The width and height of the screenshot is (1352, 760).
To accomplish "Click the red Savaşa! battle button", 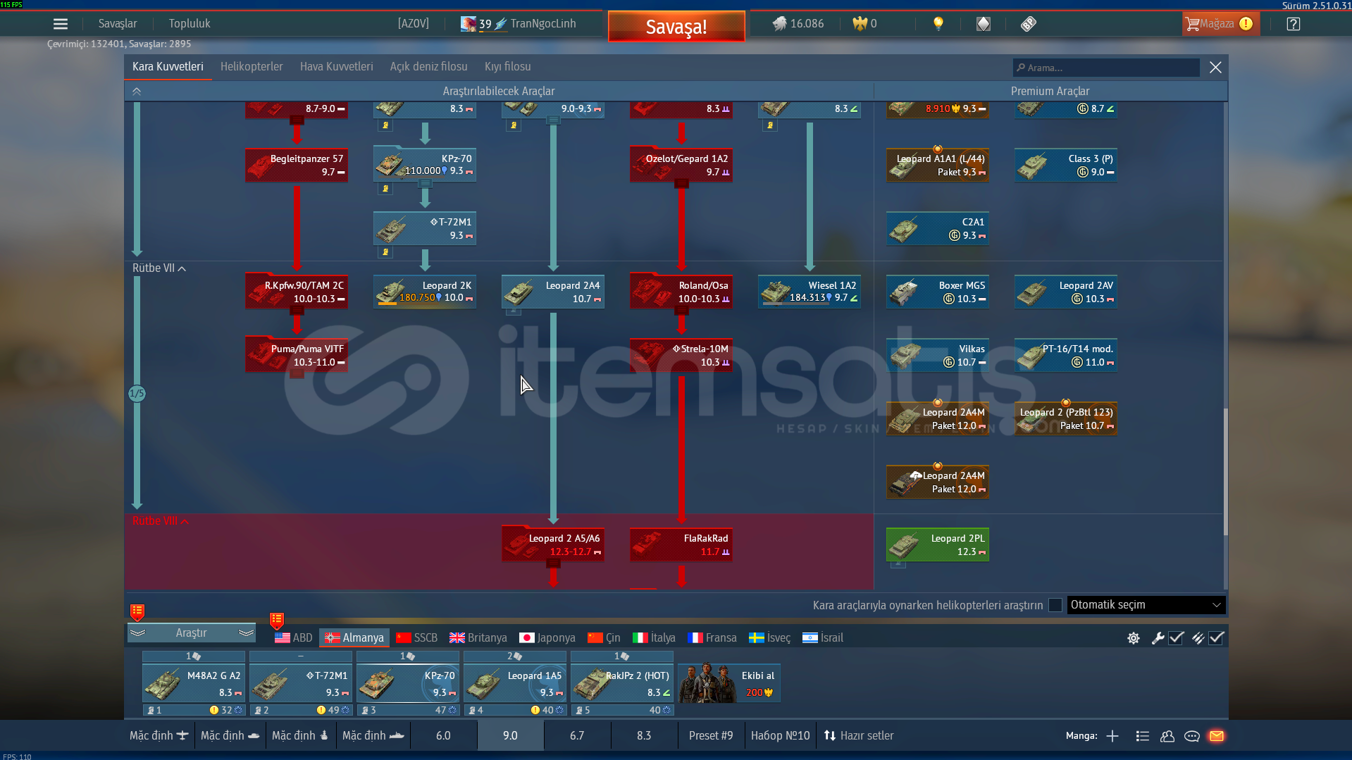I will (x=676, y=26).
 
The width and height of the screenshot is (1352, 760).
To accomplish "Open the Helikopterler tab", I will (x=252, y=66).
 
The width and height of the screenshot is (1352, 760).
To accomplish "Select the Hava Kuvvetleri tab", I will (x=336, y=66).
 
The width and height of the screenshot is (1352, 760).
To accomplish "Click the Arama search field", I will (x=1106, y=68).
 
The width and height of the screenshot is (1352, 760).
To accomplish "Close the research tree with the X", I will (x=1215, y=68).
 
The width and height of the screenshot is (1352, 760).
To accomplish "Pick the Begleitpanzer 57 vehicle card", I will (x=297, y=165).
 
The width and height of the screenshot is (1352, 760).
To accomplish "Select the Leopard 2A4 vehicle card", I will (x=553, y=292).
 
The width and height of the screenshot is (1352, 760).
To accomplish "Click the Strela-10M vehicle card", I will (x=681, y=355).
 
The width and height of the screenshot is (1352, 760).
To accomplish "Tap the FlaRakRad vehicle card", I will (x=681, y=544).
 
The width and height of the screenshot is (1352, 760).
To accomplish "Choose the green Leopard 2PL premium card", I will (x=937, y=544).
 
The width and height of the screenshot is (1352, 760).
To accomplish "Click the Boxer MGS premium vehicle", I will (x=937, y=292).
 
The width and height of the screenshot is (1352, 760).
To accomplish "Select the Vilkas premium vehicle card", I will (x=937, y=355).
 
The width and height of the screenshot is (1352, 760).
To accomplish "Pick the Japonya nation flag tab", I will (x=547, y=637).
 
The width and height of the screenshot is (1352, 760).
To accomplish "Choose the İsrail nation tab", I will (x=822, y=637).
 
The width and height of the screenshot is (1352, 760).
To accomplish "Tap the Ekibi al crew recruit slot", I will (x=729, y=683).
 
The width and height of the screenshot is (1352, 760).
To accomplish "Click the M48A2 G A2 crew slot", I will (x=194, y=683).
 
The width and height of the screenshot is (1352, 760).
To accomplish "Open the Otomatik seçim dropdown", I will (x=1146, y=604).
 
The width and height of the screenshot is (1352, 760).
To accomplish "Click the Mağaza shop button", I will (x=1219, y=24).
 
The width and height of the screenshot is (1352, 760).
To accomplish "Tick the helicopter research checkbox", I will (x=1055, y=605).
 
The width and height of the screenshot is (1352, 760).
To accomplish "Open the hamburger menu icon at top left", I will (x=61, y=24).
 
